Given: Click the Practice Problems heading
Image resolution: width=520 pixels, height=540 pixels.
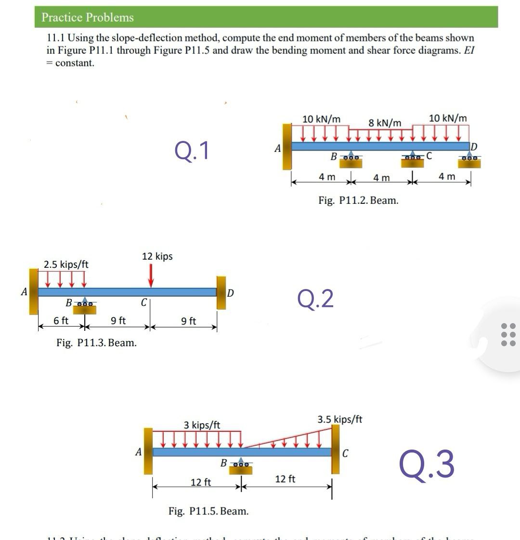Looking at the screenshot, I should [87, 17].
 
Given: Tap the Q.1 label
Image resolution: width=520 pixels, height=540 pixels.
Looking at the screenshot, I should [192, 151].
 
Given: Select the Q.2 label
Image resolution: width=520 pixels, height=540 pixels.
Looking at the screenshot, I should [315, 299].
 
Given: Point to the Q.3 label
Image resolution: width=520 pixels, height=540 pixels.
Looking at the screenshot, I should [427, 464].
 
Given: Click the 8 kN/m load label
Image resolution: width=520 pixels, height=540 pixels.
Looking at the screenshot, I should [385, 123].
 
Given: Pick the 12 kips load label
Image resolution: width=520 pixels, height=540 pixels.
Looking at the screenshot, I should [157, 256].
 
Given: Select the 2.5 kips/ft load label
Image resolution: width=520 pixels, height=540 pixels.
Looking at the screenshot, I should [66, 264].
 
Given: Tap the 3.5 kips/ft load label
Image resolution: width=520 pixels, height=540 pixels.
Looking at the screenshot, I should [339, 419].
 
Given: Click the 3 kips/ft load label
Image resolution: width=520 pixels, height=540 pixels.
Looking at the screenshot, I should [202, 425].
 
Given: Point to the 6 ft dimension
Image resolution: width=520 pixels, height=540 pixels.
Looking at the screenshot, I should [61, 320].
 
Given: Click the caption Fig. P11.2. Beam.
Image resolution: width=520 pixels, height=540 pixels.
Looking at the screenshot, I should [358, 201].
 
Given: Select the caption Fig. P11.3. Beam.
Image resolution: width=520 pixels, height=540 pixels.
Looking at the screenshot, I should [96, 343].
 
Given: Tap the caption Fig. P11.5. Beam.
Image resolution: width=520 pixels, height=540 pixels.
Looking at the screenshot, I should [208, 511].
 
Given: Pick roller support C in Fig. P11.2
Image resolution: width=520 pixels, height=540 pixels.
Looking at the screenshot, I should [413, 161].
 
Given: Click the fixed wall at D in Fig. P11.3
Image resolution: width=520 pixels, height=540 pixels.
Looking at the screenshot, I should [221, 292].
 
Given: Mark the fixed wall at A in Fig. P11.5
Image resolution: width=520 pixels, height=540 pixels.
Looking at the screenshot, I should [148, 451].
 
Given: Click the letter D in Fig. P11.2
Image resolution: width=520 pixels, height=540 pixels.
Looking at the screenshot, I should [473, 146].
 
